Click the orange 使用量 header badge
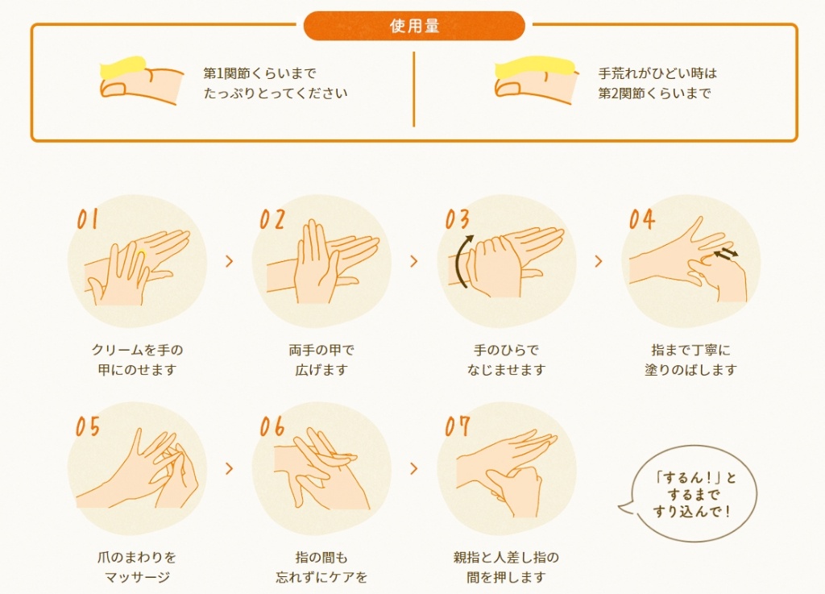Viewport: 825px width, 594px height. [x=414, y=26]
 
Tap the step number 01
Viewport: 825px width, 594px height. [x=87, y=219]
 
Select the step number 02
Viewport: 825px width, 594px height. [x=272, y=219]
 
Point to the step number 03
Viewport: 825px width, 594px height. [x=457, y=219]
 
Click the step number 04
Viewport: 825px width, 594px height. [x=642, y=219]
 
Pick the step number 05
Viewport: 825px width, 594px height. [x=88, y=426]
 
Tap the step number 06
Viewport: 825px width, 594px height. [x=272, y=426]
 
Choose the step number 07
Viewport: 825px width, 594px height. [x=457, y=426]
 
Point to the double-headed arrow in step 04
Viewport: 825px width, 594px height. [x=726, y=254]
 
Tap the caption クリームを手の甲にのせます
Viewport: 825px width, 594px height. [x=137, y=360]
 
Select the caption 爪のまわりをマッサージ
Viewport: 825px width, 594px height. [x=137, y=567]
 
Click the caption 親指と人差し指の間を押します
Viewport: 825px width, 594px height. [x=506, y=567]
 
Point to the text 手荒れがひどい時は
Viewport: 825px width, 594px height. [x=657, y=73]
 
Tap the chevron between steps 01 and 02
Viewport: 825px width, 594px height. [x=230, y=261]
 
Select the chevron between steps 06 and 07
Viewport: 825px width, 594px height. [x=414, y=468]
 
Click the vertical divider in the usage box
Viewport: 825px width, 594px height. [x=414, y=89]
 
